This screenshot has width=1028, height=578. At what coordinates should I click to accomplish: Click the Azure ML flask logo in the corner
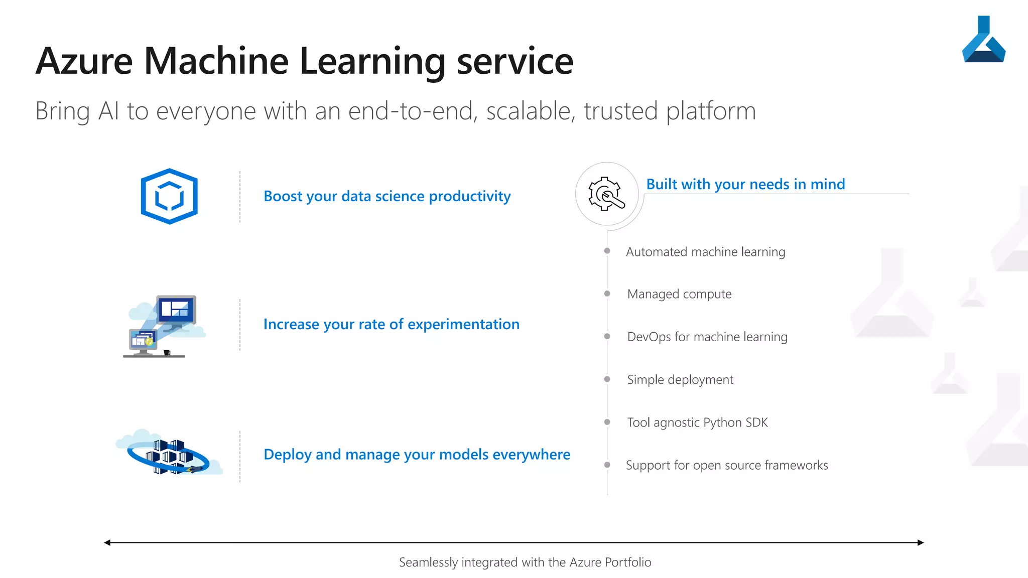coord(983,41)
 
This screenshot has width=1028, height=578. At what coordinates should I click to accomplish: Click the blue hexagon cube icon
coord(169,196)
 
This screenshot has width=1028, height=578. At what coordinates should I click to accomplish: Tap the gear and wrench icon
coord(606,194)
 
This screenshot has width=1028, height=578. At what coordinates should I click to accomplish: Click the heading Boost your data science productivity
coord(387,196)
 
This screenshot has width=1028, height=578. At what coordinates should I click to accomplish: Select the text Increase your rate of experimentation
coord(391,324)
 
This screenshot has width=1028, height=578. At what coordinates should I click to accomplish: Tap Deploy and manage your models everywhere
coord(417,454)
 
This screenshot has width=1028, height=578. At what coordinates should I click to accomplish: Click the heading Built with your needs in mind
coord(745,184)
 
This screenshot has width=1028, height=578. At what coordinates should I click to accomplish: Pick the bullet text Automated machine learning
coord(705,252)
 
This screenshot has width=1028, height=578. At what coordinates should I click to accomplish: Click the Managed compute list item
coord(679,294)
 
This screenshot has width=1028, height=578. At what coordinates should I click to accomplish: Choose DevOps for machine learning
coord(707,337)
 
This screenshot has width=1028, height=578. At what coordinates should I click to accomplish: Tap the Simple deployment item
coord(680,380)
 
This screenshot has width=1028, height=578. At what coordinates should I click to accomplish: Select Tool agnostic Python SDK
coord(697,422)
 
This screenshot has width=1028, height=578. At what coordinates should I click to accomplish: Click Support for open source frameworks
coord(727,465)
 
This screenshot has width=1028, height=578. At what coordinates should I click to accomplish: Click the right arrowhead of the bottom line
coord(920,542)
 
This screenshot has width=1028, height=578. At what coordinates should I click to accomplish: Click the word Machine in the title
coord(216,61)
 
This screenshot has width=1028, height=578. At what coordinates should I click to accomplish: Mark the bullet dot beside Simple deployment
coord(607,379)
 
